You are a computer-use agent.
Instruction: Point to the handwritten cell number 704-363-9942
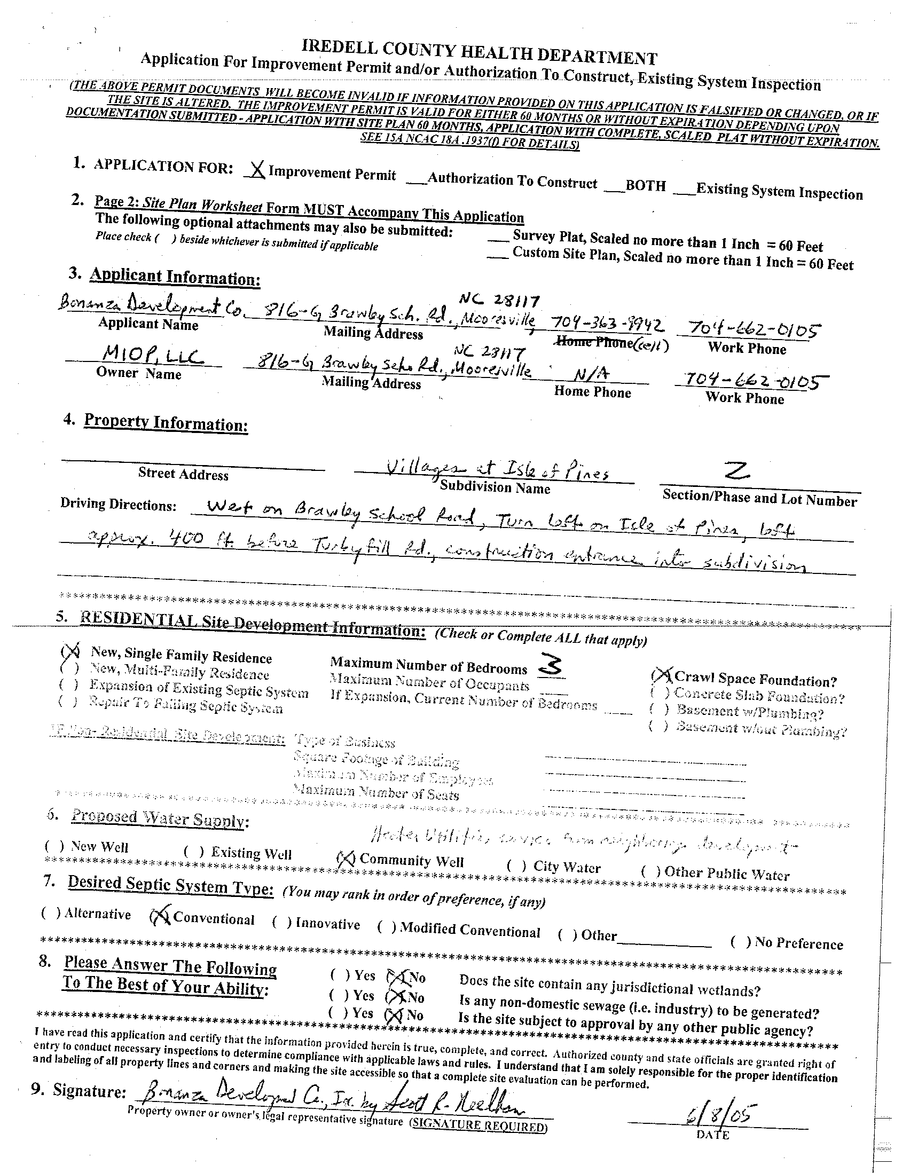tap(607, 324)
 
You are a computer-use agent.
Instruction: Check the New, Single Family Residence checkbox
tap(70, 651)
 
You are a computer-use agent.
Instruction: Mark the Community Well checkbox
tap(345, 860)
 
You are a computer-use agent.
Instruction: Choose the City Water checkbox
tap(516, 865)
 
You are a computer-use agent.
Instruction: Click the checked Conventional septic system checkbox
tap(160, 917)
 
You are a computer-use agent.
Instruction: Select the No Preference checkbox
tap(741, 941)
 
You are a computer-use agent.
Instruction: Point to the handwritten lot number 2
tap(736, 472)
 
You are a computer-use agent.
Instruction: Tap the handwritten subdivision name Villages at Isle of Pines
tap(497, 471)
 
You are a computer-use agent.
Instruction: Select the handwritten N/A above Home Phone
tap(585, 374)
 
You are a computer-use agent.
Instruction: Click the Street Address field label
tap(183, 474)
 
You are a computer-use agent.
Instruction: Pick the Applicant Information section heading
tap(175, 277)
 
